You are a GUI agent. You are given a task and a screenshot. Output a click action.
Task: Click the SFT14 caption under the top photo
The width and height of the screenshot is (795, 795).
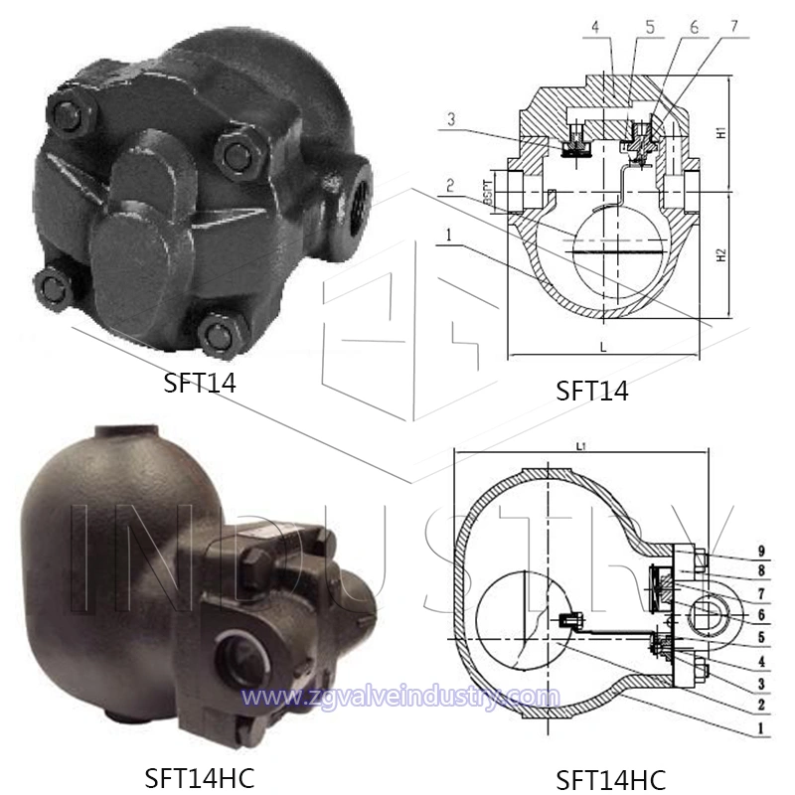(201, 383)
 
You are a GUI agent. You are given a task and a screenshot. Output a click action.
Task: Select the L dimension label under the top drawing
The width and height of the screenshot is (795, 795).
(603, 346)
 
